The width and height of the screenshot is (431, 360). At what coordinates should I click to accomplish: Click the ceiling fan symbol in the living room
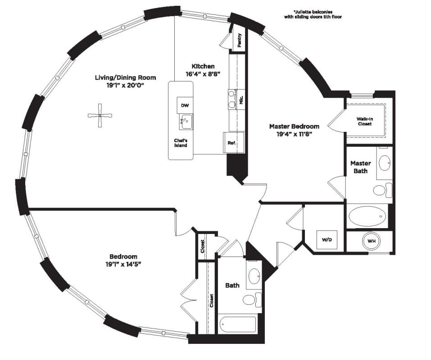(100, 116)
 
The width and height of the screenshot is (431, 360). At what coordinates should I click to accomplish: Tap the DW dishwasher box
(185, 105)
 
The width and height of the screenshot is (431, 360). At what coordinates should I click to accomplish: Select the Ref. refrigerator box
(233, 143)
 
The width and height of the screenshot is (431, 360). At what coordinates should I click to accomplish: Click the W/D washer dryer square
(327, 240)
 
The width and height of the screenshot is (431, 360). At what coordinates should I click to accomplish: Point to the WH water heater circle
(372, 241)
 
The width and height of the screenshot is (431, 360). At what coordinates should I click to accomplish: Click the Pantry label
(240, 40)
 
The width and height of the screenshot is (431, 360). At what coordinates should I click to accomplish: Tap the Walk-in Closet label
(365, 121)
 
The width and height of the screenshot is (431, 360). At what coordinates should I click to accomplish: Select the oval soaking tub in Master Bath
(367, 216)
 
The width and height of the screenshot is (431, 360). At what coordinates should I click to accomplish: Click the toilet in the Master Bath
(383, 190)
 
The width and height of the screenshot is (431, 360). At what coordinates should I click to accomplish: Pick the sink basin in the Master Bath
(385, 163)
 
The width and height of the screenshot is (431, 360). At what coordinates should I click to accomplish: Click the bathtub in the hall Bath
(238, 324)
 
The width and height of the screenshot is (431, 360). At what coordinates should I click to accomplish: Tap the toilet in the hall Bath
(252, 300)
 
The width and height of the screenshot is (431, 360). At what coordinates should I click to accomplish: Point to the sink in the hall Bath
(254, 276)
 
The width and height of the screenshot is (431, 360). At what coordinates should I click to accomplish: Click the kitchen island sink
(186, 122)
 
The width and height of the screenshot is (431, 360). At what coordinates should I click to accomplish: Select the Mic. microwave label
(241, 99)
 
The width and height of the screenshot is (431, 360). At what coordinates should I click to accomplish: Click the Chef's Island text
(181, 143)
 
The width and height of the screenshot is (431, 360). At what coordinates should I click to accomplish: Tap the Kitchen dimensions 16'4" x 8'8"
(203, 74)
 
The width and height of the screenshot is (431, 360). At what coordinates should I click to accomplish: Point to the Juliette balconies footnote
(313, 14)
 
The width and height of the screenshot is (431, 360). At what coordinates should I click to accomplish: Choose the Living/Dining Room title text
(125, 77)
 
